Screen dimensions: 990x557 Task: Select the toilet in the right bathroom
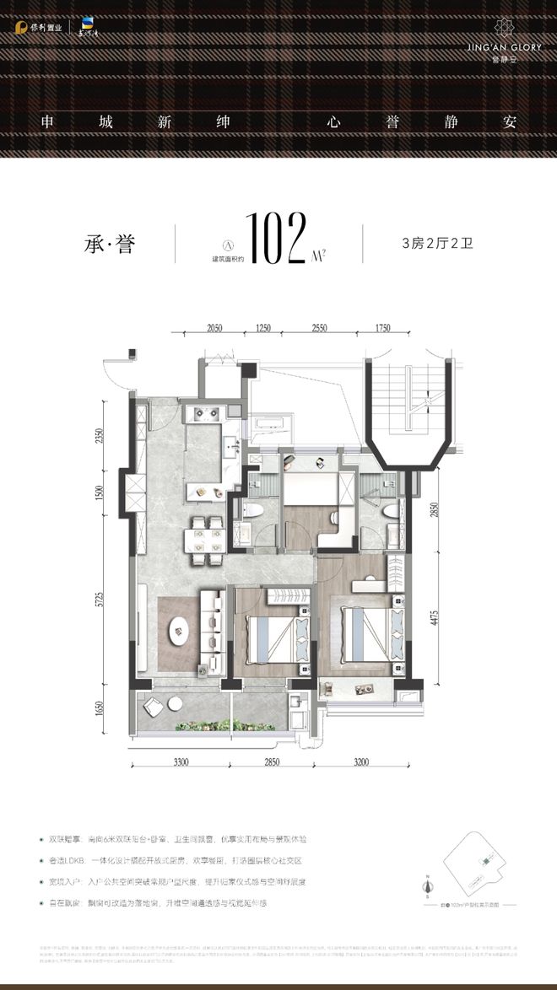[x=390, y=511]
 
